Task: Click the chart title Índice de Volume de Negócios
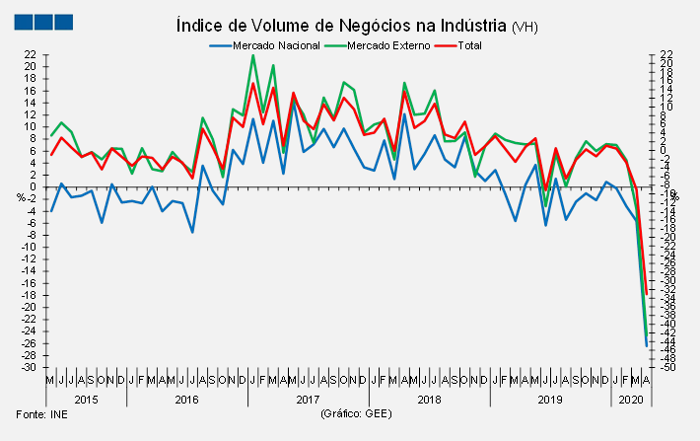[341, 24]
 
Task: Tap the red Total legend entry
[476, 45]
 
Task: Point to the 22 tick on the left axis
[31, 54]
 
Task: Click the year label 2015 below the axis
[87, 399]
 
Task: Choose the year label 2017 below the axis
[308, 399]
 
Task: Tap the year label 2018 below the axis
[429, 399]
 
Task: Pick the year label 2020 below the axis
[630, 399]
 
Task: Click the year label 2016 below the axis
[187, 399]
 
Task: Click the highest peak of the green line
[253, 55]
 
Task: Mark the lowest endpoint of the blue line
[646, 345]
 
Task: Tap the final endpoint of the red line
[646, 294]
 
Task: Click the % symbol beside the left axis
[21, 197]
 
